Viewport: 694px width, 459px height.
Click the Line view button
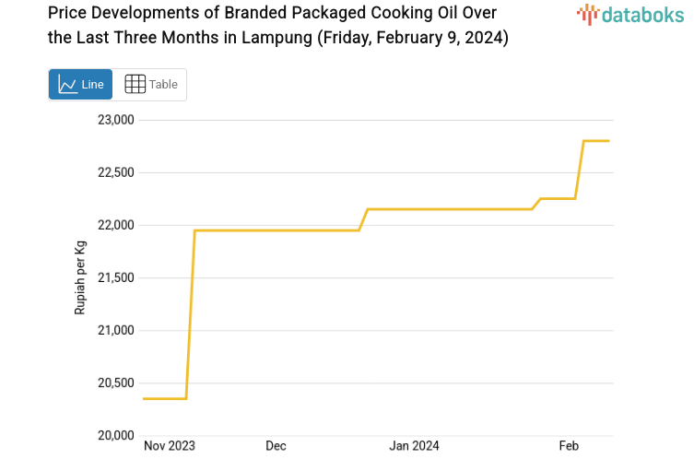[80, 84]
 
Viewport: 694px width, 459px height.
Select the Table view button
[150, 84]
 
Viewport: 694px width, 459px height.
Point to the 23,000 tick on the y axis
[116, 120]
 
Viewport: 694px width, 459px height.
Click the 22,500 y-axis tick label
[116, 172]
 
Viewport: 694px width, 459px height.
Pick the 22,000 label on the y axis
[116, 225]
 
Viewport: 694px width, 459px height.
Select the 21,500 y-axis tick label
[116, 277]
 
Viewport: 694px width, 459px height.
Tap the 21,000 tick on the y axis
[116, 330]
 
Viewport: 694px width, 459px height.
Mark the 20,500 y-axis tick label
[116, 382]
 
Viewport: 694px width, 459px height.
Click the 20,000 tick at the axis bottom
[116, 435]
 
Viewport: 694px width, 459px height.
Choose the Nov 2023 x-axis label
[170, 446]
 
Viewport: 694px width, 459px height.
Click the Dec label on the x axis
[276, 446]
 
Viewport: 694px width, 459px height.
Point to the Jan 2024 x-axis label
[414, 446]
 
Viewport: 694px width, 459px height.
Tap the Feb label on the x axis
[569, 446]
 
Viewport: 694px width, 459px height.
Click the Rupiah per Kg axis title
[80, 277]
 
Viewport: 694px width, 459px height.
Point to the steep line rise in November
[190, 313]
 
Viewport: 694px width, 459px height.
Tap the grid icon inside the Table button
[135, 84]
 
